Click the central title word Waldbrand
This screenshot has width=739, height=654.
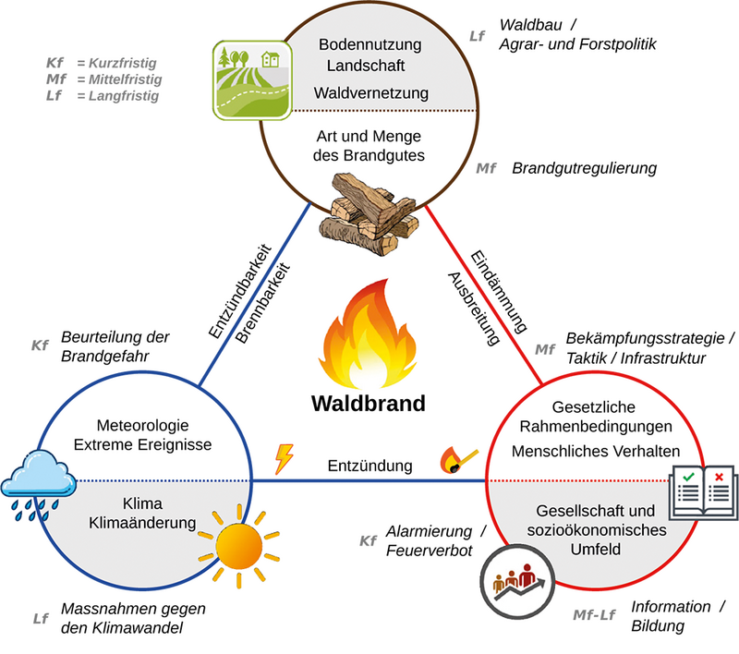point(368,404)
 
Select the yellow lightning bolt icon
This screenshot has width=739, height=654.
point(285,459)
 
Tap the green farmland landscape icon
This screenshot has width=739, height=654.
point(246,79)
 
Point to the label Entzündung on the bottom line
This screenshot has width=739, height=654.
point(369,466)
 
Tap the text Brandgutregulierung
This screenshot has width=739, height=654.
point(584,168)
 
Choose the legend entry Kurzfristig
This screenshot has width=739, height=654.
point(117,63)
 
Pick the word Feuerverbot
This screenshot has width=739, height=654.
point(429,551)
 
